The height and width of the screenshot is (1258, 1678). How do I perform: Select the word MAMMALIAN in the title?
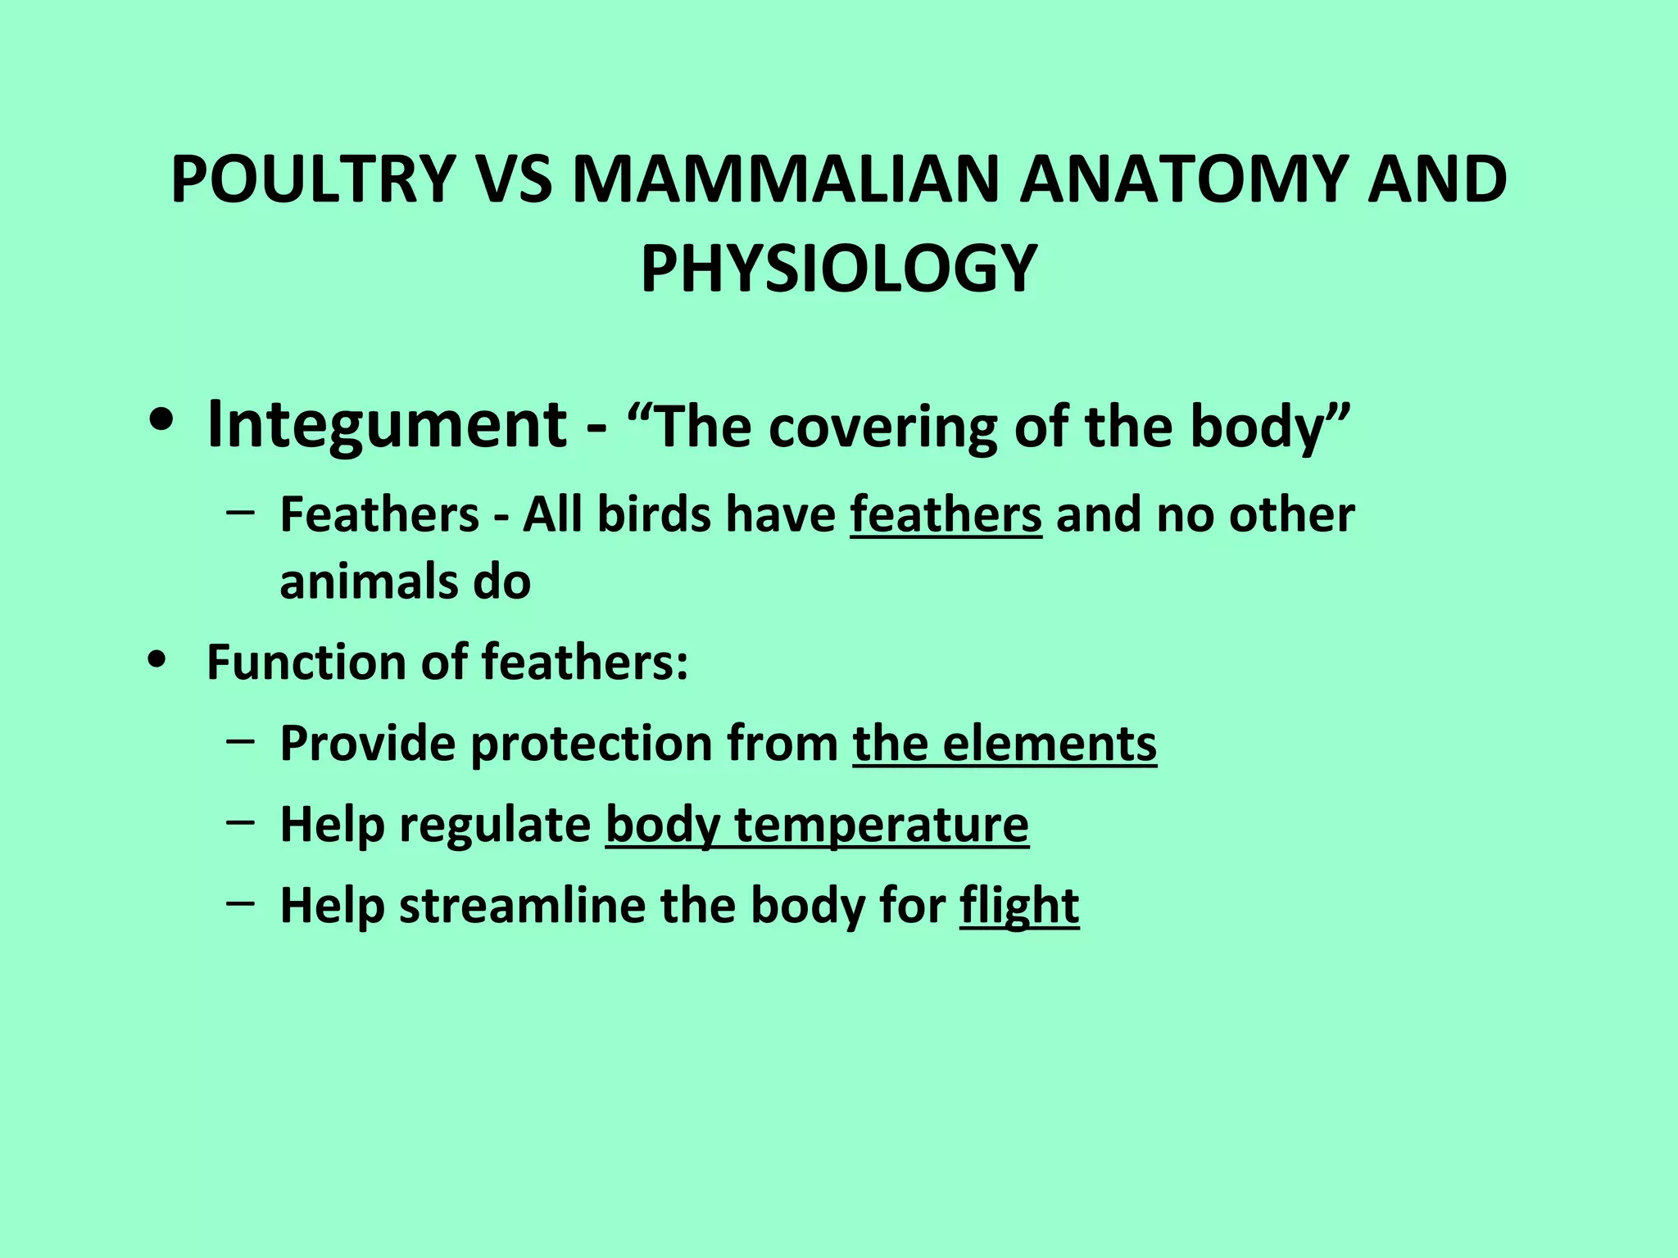(785, 180)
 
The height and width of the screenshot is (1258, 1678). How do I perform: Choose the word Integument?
(387, 426)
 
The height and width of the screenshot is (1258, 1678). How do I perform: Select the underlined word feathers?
(946, 515)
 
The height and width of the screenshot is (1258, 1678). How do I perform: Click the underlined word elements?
(1049, 744)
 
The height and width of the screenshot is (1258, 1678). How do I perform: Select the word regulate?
(495, 825)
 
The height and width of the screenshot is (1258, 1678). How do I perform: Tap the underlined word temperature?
(881, 825)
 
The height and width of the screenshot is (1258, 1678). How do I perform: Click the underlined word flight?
(1019, 906)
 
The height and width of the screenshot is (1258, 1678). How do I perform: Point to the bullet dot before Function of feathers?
(156, 659)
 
